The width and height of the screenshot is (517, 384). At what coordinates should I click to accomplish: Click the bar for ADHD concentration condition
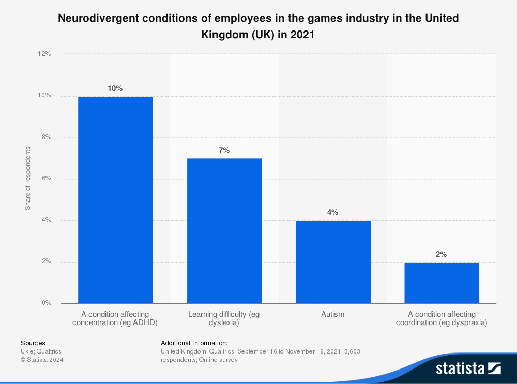(x=115, y=199)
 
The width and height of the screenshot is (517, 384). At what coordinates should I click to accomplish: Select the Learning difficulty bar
(x=224, y=231)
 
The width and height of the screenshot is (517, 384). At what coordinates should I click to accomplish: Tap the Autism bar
(x=333, y=262)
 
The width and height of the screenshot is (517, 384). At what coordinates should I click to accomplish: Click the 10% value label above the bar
(x=115, y=88)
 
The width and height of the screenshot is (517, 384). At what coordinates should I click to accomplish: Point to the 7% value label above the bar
(x=224, y=150)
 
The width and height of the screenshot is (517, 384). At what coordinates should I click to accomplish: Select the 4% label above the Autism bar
(x=332, y=212)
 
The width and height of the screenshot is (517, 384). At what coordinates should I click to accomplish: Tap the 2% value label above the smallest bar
(x=441, y=254)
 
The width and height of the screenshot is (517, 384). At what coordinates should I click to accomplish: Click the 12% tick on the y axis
(x=44, y=54)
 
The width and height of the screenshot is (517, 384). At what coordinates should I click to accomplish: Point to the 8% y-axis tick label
(x=45, y=137)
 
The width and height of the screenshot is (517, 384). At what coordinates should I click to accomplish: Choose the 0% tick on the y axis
(x=45, y=303)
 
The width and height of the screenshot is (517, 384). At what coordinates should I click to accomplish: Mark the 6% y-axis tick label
(x=45, y=179)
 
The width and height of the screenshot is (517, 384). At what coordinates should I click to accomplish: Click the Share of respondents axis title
(x=28, y=178)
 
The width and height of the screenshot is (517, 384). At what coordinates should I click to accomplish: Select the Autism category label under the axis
(x=332, y=314)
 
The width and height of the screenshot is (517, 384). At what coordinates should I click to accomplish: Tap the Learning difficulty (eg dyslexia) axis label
(x=223, y=318)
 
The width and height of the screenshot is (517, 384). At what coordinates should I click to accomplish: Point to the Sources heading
(x=33, y=343)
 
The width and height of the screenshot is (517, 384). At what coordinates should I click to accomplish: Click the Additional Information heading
(x=194, y=343)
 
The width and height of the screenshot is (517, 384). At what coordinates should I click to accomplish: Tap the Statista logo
(x=468, y=368)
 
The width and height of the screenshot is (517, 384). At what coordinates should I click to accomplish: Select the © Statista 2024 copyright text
(x=42, y=360)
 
